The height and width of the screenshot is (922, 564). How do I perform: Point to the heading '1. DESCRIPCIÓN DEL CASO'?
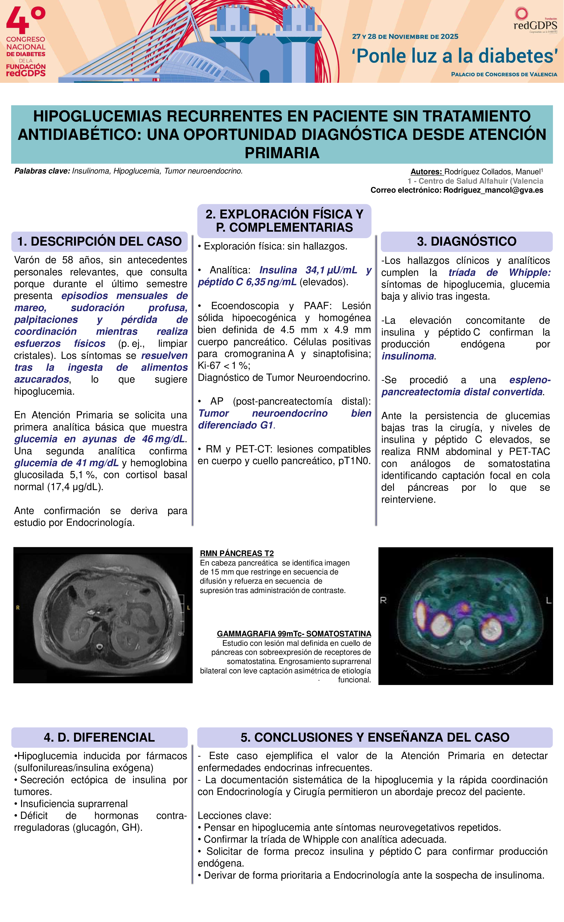tap(99, 241)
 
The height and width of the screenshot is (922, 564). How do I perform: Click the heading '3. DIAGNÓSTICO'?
tap(466, 241)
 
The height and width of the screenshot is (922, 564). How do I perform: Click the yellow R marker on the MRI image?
tap(18, 608)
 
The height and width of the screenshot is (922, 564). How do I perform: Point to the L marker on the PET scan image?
tap(549, 600)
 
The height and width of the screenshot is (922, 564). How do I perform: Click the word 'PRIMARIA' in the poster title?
tap(282, 153)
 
